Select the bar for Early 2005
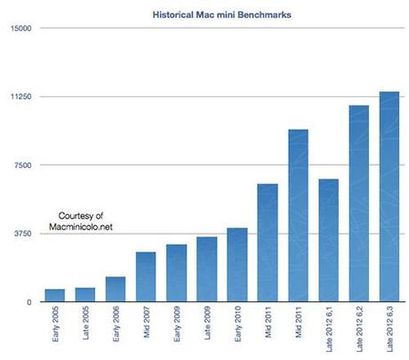click(55, 295)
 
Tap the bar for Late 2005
click(85, 294)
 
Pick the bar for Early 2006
click(116, 289)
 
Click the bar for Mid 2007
click(146, 276)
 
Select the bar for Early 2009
click(176, 273)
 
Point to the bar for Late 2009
click(207, 269)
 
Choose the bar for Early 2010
click(237, 265)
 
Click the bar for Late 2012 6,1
click(328, 240)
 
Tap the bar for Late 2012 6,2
click(358, 204)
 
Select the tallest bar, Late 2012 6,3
click(389, 196)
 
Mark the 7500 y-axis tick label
click(22, 165)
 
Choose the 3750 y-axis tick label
click(22, 234)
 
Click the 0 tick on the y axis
click(28, 302)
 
